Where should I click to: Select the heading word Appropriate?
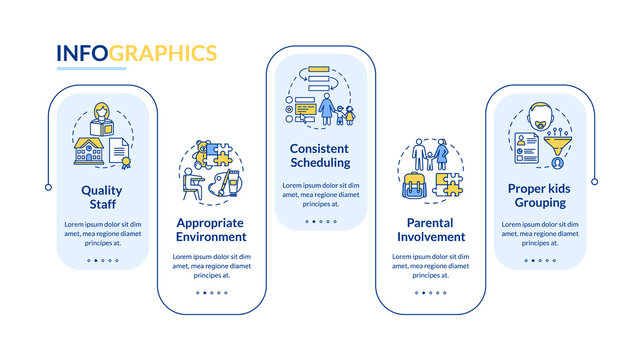click(211, 222)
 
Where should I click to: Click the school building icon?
click(89, 150)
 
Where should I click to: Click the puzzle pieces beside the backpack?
click(448, 183)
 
